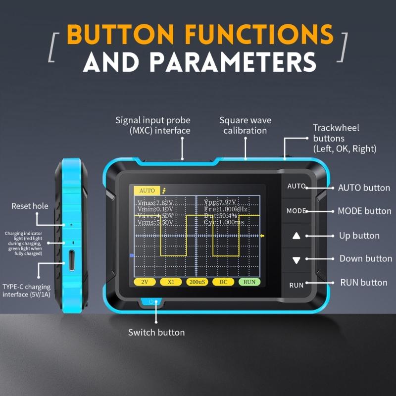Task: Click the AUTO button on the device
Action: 296,187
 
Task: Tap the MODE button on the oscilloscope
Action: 296,211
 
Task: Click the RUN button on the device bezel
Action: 296,285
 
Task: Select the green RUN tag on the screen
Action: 249,282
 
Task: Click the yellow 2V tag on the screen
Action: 145,282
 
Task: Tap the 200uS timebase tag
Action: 197,282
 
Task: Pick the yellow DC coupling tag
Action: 223,282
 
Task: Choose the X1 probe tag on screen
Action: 171,282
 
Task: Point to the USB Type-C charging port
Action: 72,261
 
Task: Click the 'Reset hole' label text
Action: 30,206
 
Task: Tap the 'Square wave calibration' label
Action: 245,125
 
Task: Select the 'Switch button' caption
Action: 156,332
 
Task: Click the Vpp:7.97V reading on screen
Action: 220,202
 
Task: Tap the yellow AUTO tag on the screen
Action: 147,191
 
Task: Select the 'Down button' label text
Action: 365,258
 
